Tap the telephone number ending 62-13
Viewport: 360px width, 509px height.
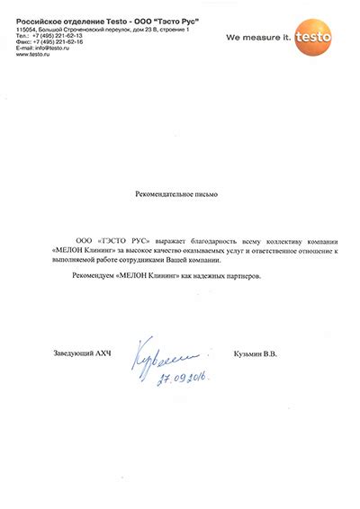[x=58, y=35]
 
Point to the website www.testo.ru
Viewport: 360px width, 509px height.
[x=31, y=55]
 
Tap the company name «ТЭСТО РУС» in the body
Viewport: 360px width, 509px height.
[x=121, y=242]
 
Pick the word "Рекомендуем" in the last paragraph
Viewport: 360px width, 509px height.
[x=91, y=276]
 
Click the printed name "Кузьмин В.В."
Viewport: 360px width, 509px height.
[x=255, y=353]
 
